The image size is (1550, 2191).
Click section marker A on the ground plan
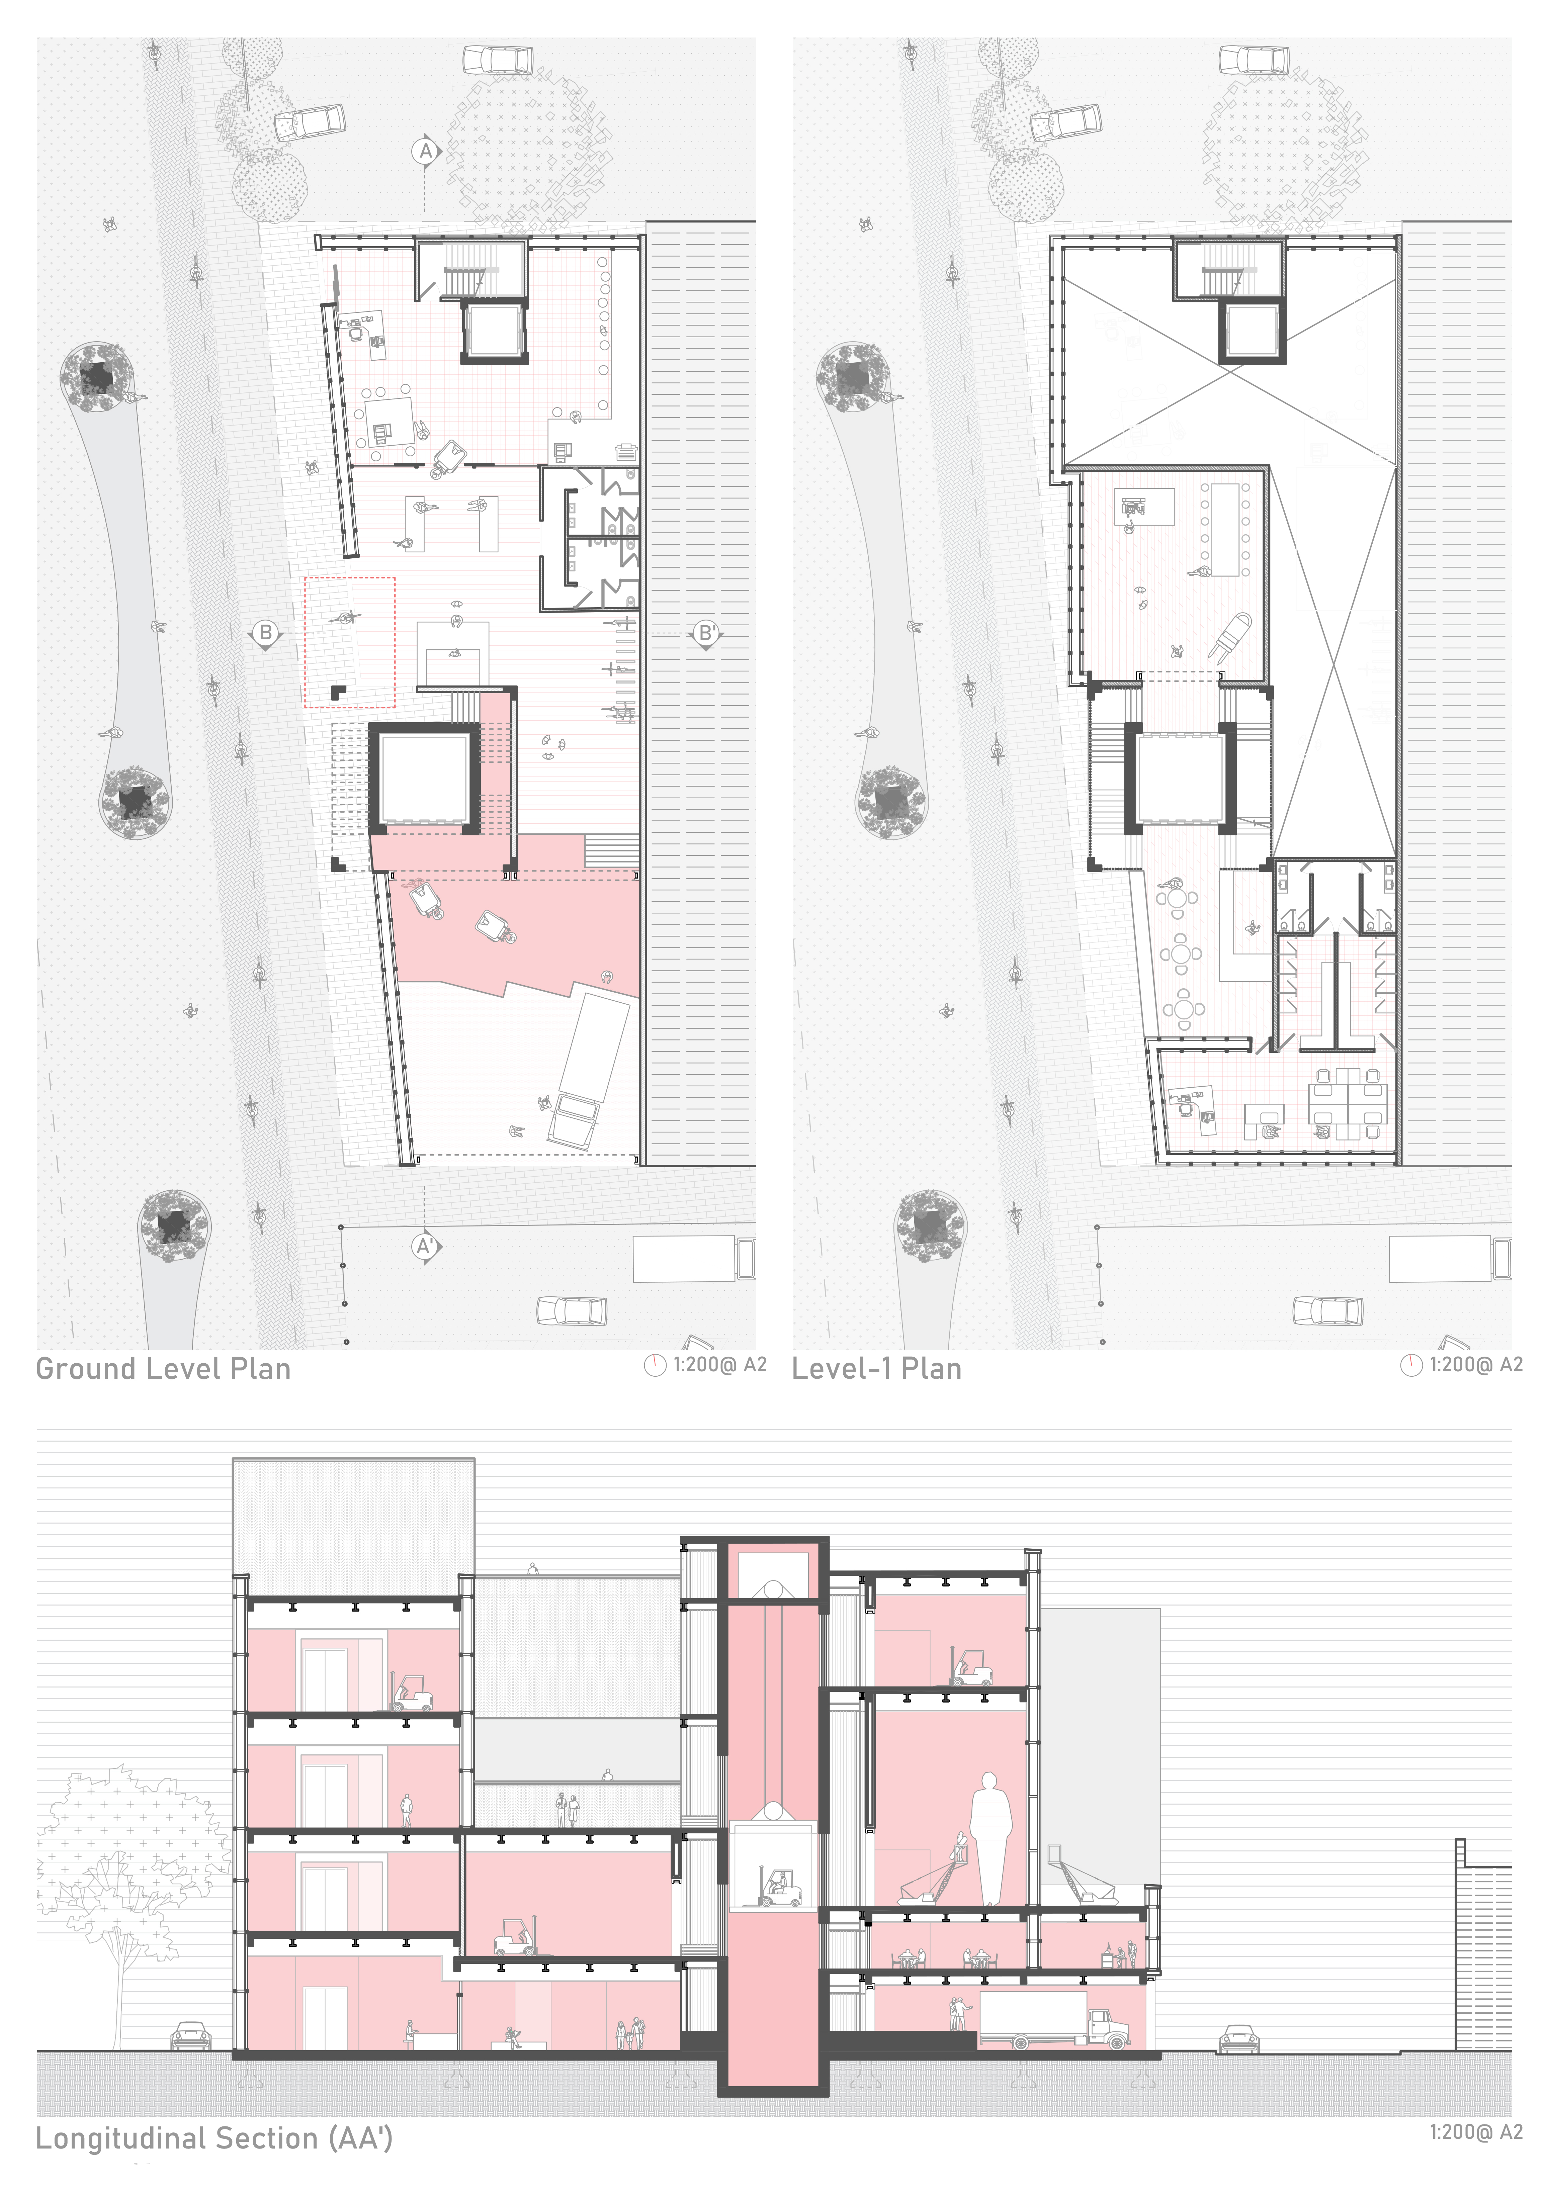click(x=426, y=151)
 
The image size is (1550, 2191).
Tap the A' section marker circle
click(x=426, y=1246)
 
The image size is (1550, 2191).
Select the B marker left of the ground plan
click(x=265, y=633)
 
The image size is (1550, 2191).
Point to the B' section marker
click(x=706, y=633)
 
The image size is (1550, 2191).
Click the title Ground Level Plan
click(x=163, y=1369)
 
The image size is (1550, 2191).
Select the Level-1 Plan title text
click(x=876, y=1369)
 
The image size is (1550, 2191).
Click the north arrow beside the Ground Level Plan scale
click(x=655, y=1366)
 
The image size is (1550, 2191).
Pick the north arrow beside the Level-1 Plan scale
click(x=1411, y=1366)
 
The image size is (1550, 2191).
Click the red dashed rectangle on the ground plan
click(x=349, y=642)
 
